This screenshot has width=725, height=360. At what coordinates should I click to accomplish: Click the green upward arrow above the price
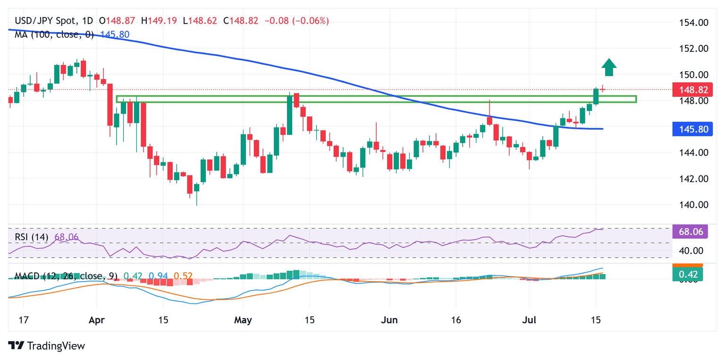(609, 67)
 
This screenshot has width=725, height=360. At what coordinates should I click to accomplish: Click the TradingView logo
(47, 345)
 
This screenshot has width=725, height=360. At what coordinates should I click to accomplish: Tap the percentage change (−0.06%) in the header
(312, 21)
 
